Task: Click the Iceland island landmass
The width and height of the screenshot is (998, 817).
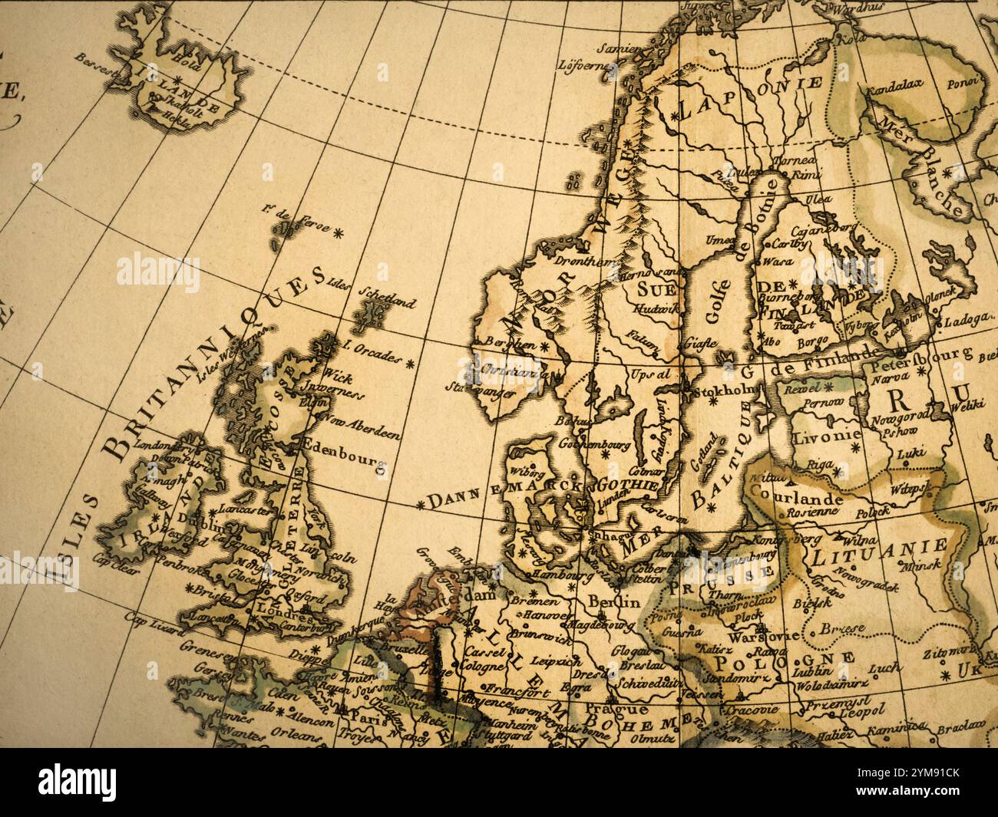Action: coord(184,84)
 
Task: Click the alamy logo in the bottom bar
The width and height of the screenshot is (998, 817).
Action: coord(78,783)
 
